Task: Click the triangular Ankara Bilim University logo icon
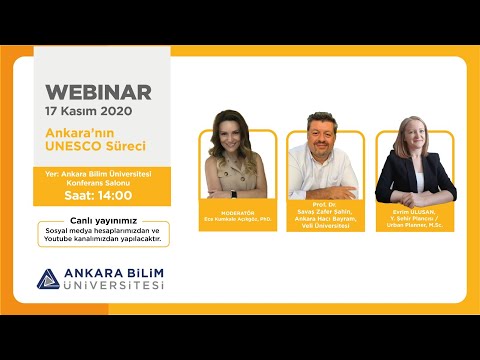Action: coord(46,279)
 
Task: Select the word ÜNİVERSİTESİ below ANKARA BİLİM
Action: coord(113,286)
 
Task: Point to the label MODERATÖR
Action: coord(231,211)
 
